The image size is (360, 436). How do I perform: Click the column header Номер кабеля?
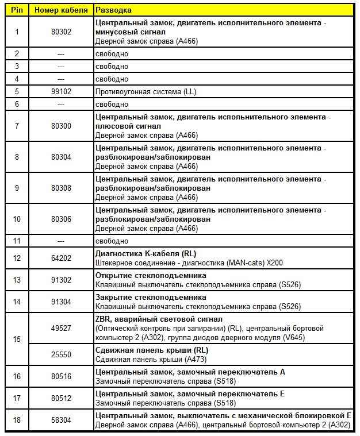[x=61, y=10]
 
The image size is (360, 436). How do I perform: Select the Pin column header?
[x=17, y=10]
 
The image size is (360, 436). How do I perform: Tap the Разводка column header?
[x=113, y=10]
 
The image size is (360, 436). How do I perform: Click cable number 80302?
[x=61, y=32]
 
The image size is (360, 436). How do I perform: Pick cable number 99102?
[x=61, y=92]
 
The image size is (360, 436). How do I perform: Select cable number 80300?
[x=61, y=126]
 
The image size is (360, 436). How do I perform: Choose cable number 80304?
[x=61, y=157]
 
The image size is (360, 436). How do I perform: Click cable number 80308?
[x=61, y=188]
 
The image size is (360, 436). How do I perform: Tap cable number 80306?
[x=61, y=219]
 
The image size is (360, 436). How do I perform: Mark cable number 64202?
[x=61, y=258]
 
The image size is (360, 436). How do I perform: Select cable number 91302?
[x=61, y=280]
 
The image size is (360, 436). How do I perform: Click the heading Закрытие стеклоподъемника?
[x=150, y=297]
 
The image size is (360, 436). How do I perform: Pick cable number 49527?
[x=61, y=328]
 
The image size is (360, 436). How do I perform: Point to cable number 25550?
[x=61, y=354]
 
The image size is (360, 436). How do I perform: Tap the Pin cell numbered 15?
[x=17, y=339]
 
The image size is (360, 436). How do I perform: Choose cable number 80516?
[x=61, y=376]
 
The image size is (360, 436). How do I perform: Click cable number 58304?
[x=61, y=420]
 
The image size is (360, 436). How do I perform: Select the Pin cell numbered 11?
[x=17, y=241]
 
